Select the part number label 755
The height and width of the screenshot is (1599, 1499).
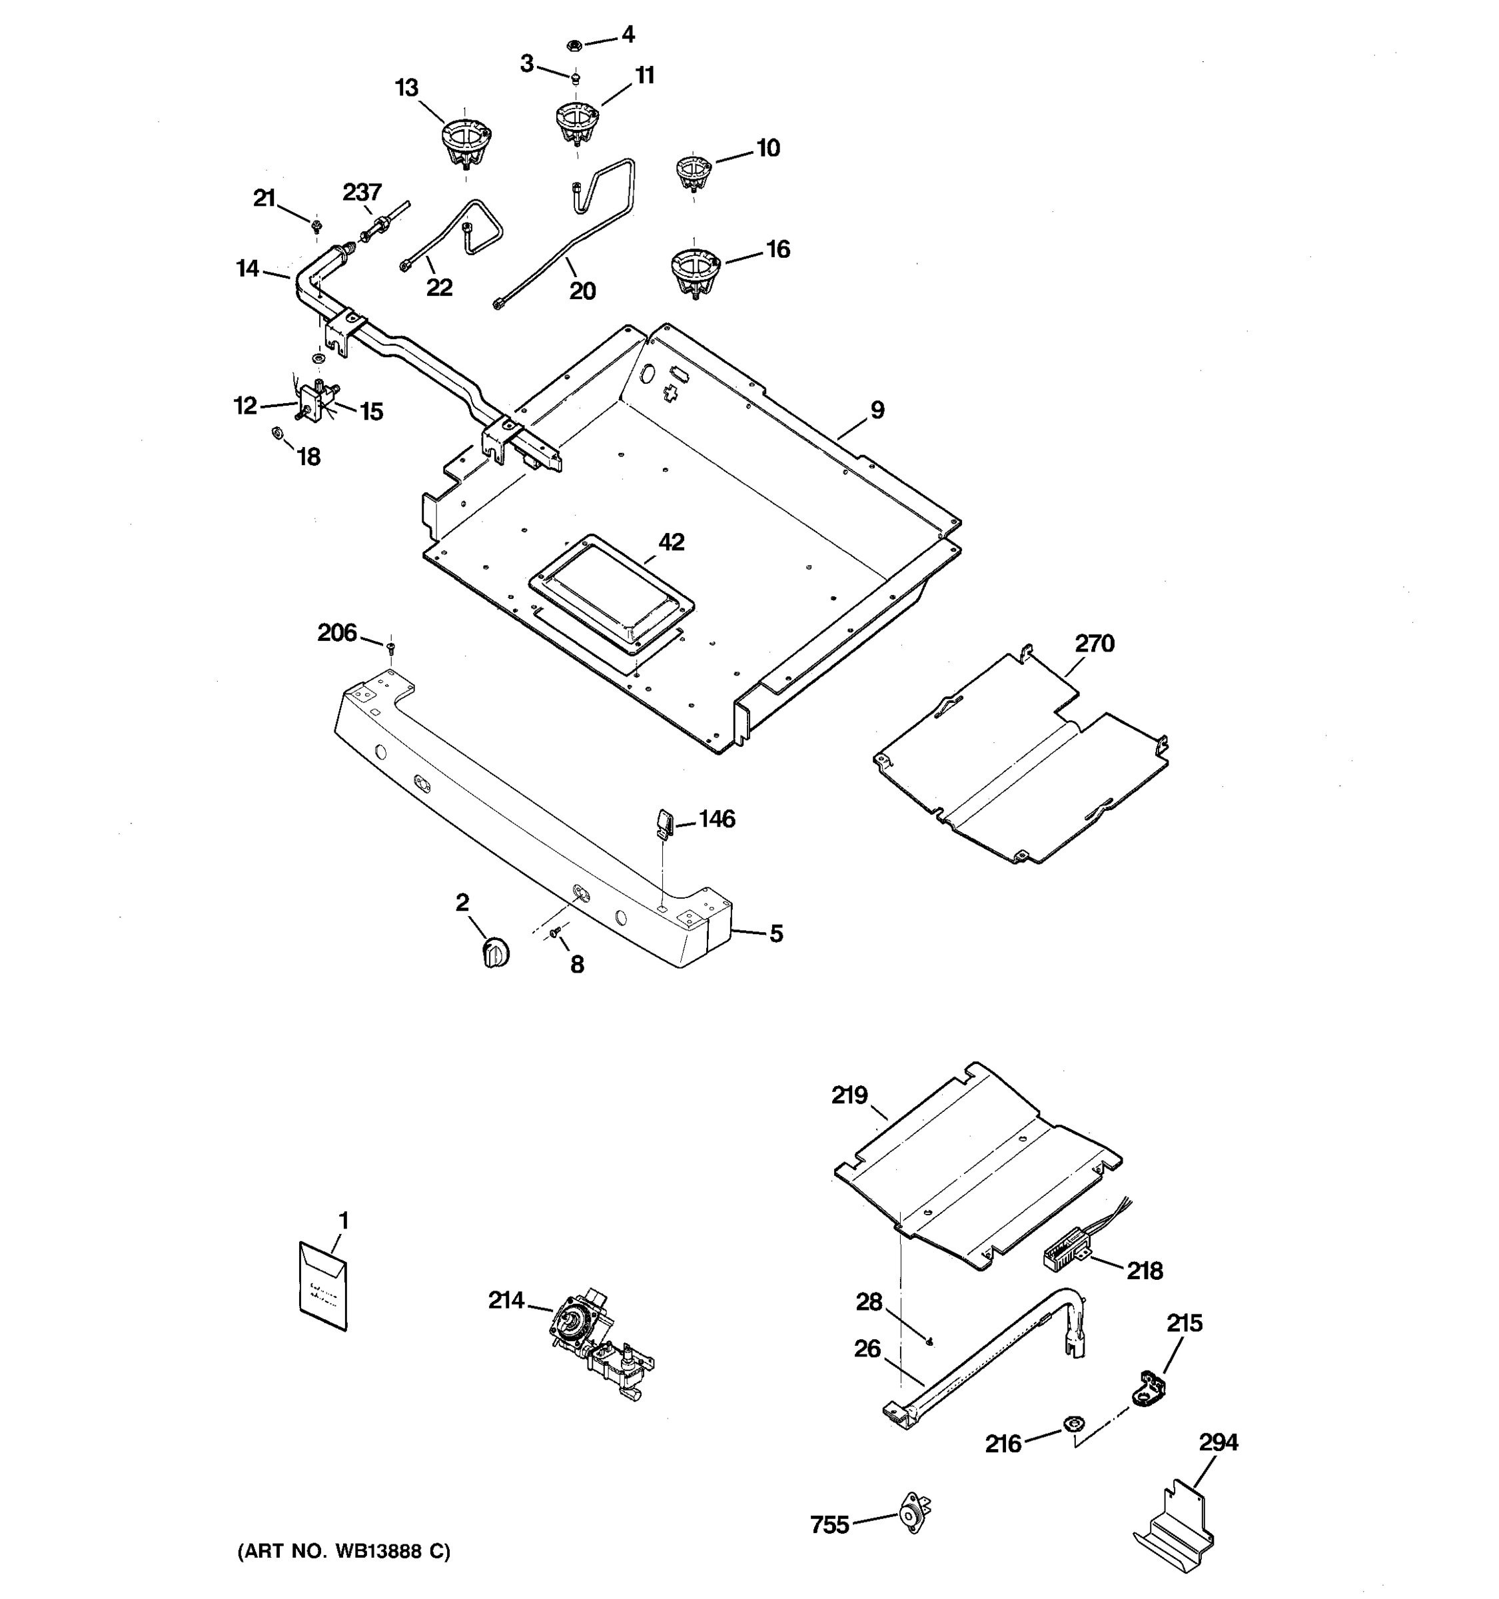click(829, 1525)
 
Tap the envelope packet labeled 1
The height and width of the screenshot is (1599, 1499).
click(323, 1285)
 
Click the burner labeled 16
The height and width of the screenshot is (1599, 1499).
click(695, 272)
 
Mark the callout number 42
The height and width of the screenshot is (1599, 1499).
click(671, 542)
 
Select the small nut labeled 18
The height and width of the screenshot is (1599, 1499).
click(275, 434)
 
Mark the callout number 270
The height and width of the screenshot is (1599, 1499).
click(1095, 644)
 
